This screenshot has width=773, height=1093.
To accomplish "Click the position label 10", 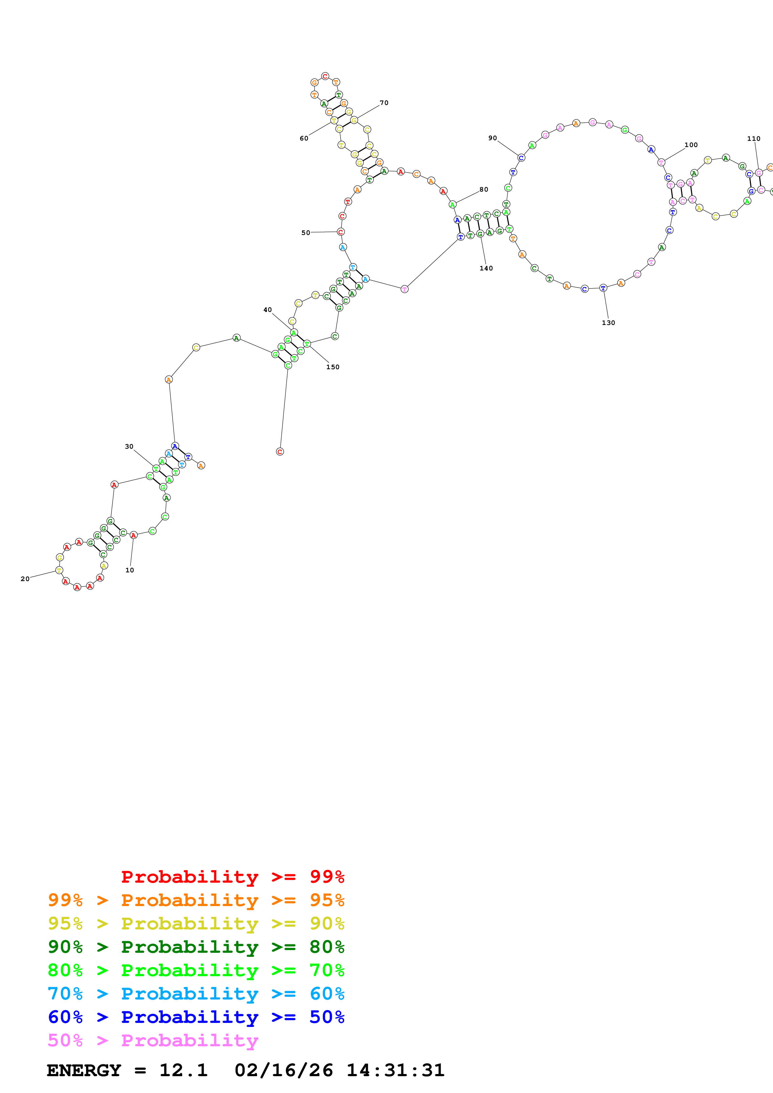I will click(129, 570).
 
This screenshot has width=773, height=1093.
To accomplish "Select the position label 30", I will click(129, 446).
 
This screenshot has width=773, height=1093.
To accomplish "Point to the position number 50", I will click(306, 233).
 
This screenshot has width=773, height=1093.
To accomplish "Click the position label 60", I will click(304, 139).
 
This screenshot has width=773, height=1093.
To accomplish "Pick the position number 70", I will click(384, 103).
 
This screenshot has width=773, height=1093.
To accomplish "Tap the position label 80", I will click(484, 189).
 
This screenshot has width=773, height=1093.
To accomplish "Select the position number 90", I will click(492, 138).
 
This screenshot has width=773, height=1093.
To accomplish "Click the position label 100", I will click(691, 145).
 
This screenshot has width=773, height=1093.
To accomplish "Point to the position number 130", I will click(608, 323).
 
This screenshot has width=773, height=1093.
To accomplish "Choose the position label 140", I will click(486, 269).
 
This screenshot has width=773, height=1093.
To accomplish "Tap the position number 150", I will click(333, 367).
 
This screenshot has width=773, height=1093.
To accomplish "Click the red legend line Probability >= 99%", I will click(232, 877).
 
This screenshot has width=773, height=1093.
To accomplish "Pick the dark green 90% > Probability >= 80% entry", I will click(196, 947).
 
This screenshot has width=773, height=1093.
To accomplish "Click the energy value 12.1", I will click(183, 1070).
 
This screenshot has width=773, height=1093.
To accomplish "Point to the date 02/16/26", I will click(283, 1070).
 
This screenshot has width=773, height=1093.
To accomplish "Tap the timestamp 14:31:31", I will click(395, 1070).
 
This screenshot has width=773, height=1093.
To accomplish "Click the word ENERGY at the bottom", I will click(84, 1070).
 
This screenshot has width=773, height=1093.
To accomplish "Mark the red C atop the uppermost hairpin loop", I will click(325, 76).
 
